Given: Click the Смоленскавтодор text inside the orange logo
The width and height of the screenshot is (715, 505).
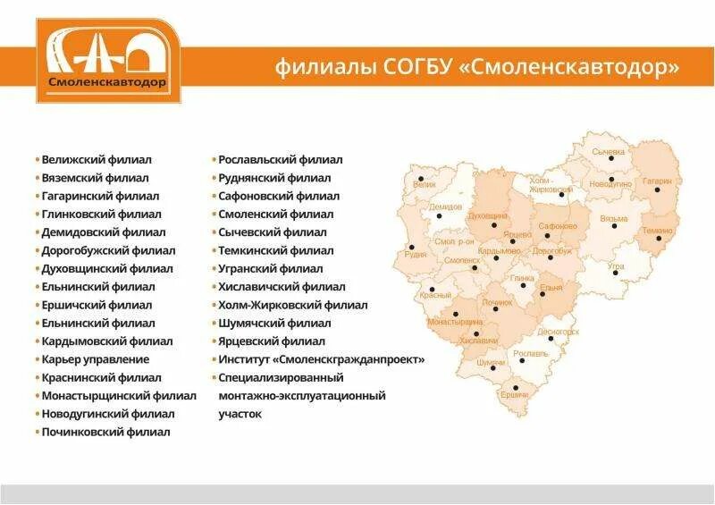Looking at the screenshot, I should pos(108,82).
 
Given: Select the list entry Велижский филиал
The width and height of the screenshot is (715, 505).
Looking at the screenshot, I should pos(97,160).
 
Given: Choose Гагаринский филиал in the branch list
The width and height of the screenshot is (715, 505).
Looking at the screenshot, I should pos(100,196).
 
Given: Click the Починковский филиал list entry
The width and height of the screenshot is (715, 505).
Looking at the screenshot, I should pos(105,432).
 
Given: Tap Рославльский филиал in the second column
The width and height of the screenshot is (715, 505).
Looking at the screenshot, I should pos(281,160).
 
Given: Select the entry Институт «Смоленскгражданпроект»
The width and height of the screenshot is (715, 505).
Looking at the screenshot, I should pos(322,359).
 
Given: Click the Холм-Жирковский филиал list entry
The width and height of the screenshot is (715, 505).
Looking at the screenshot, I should pos(293,305).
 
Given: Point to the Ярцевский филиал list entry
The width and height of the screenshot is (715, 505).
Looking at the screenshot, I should pos(272,341).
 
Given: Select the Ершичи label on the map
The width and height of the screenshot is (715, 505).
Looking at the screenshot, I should pos(515,394).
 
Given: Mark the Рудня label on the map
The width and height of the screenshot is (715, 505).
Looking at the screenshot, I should pos(416,254).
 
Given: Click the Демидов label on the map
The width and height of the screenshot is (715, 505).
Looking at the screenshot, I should pos(446,206).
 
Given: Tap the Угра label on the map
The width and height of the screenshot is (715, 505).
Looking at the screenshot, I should pos(616,266).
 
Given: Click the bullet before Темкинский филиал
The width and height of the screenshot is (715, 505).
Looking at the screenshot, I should pos(214,251).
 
